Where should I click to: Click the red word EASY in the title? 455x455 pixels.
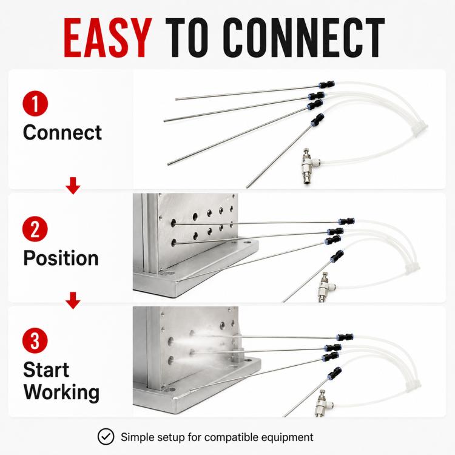click(x=107, y=38)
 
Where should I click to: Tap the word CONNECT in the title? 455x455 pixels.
click(x=304, y=38)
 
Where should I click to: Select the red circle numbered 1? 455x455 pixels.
click(x=35, y=104)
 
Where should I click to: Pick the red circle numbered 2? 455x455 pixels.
click(x=35, y=229)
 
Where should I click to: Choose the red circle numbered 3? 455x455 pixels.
click(x=35, y=341)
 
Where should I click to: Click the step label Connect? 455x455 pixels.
click(x=62, y=133)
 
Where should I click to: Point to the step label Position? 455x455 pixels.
click(x=61, y=258)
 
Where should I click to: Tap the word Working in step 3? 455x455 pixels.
click(x=61, y=393)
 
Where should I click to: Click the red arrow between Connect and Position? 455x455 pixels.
click(x=73, y=186)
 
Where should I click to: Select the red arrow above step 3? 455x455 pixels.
click(x=73, y=300)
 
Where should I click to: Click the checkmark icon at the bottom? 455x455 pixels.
click(x=106, y=436)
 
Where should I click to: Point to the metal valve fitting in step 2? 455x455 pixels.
click(x=326, y=287)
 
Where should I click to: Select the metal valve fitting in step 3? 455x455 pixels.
click(x=323, y=403)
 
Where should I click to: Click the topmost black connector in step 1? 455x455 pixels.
click(x=326, y=85)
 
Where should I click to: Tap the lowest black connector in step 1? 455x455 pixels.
click(x=317, y=120)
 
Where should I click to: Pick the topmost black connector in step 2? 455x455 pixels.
click(x=346, y=221)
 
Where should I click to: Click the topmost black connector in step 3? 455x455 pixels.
click(x=345, y=337)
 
